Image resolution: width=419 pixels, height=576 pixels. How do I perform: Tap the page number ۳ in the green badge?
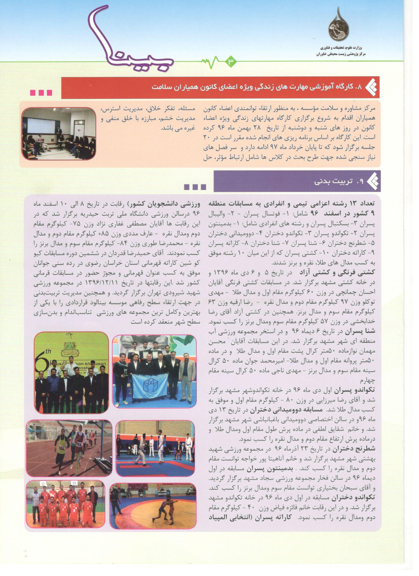click(231, 62)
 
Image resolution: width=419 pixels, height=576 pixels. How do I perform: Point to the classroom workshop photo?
click(59, 134)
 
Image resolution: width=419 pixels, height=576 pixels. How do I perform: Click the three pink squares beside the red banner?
click(41, 92)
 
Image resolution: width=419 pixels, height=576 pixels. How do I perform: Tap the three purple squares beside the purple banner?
click(195, 187)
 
